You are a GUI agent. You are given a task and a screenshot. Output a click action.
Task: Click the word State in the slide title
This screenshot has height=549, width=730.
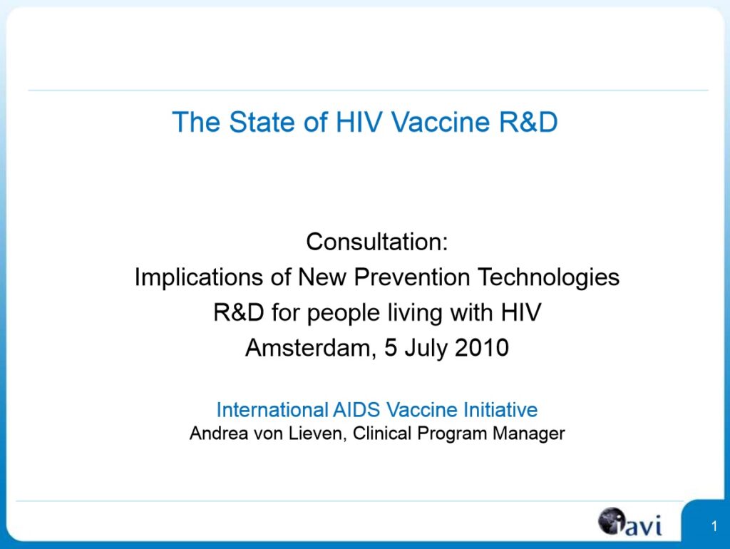click(x=262, y=122)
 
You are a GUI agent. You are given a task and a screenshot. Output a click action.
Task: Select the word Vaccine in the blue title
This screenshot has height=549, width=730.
click(x=441, y=122)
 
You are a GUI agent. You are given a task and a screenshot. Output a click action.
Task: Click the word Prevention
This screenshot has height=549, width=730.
click(x=412, y=277)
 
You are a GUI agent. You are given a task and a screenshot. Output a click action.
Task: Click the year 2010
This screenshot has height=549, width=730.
click(x=482, y=348)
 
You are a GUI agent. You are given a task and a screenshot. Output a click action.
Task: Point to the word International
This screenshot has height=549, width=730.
click(x=272, y=410)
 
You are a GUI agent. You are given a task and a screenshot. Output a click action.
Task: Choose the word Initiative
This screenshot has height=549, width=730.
click(x=500, y=410)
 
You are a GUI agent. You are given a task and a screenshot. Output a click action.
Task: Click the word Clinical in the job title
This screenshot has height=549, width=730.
click(x=382, y=433)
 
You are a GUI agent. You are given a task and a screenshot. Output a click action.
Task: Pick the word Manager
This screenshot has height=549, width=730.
click(x=529, y=434)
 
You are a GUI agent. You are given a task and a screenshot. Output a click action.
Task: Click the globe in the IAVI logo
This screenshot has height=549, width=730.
click(x=611, y=520)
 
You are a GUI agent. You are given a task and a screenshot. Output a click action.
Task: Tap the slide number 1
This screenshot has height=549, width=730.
click(x=714, y=527)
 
